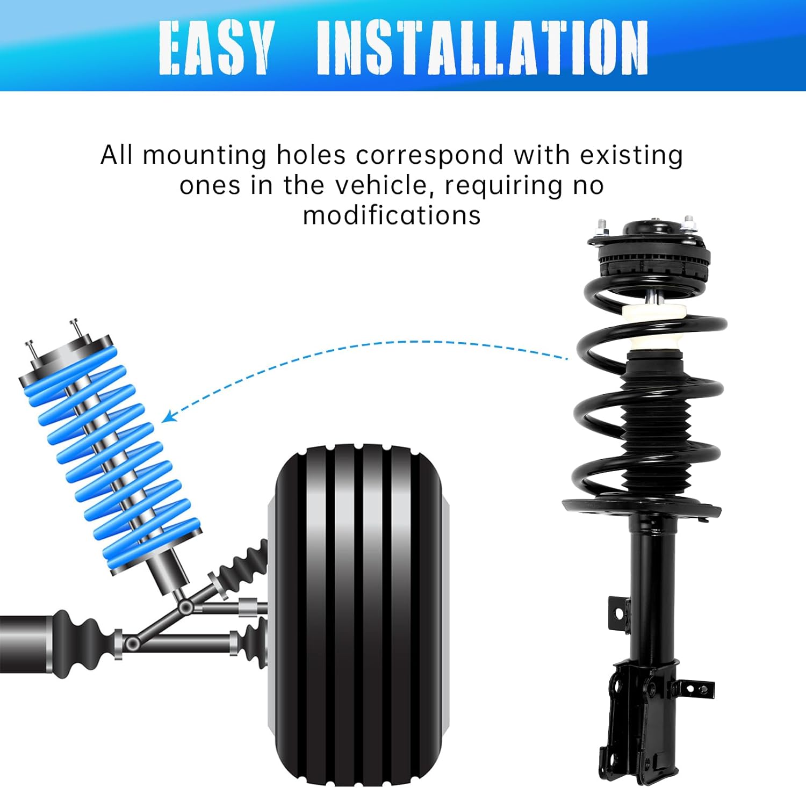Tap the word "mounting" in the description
click(204, 156)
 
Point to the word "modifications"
click(392, 216)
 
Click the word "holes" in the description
click(311, 156)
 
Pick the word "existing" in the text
click(631, 156)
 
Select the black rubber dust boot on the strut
click(655, 424)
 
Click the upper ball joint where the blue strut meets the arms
click(186, 608)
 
